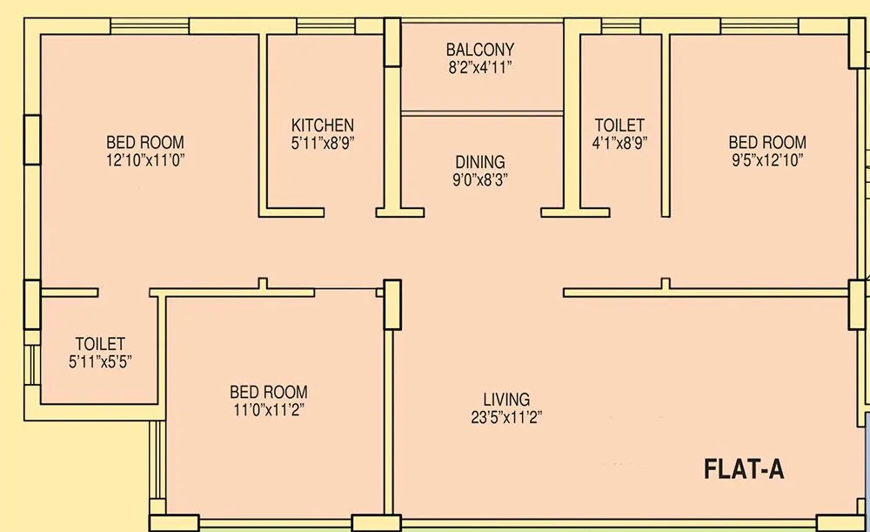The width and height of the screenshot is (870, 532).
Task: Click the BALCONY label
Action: tap(480, 50)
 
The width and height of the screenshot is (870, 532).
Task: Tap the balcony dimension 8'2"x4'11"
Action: tap(480, 67)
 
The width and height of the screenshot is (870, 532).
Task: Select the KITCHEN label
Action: tap(323, 125)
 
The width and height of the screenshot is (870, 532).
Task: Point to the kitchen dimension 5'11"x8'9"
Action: tap(323, 143)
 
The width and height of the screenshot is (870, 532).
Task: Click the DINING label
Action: tap(480, 162)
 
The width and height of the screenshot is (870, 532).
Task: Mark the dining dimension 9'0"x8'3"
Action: tap(480, 179)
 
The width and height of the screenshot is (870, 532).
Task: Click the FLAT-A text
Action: tap(744, 470)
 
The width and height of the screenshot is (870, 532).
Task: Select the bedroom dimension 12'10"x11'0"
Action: tap(145, 159)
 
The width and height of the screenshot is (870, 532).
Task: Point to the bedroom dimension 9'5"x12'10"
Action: tap(766, 159)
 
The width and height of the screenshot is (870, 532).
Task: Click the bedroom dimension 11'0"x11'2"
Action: tap(268, 409)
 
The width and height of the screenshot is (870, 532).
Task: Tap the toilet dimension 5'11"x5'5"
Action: tap(99, 360)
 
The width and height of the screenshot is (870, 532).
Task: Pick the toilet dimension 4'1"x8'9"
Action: tap(619, 143)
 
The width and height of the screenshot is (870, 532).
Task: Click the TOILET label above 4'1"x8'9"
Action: tap(619, 125)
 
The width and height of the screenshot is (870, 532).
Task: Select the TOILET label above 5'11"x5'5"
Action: tap(99, 344)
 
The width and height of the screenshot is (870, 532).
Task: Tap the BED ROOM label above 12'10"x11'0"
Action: tap(145, 142)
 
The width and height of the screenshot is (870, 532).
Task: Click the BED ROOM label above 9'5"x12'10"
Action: tap(766, 142)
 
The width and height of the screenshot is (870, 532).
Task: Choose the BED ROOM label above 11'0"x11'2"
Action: tap(268, 392)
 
